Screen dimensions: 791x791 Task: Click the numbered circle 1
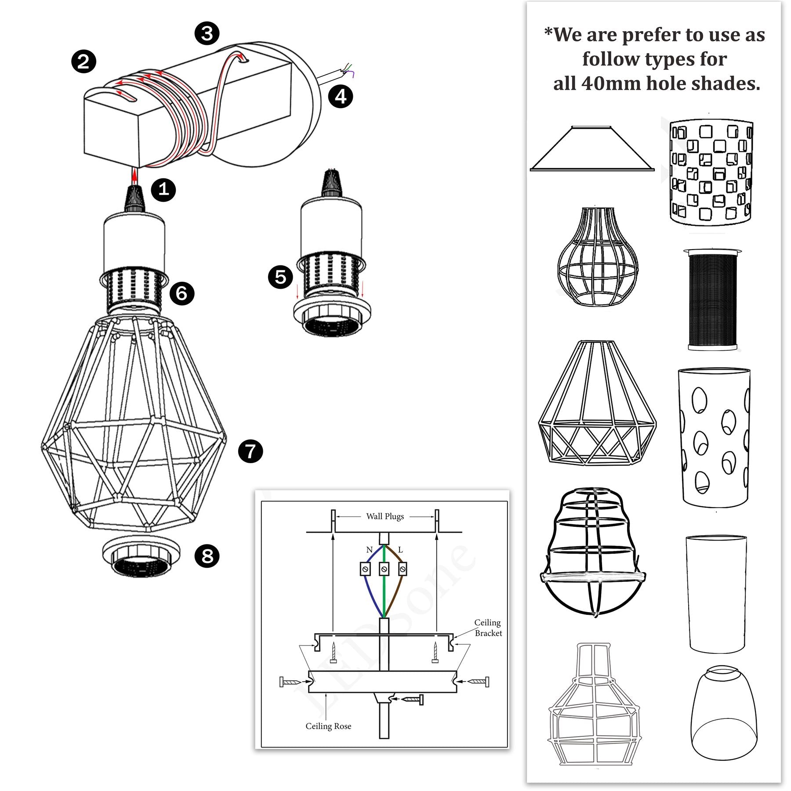163,190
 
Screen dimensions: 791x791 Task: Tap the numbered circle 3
207,33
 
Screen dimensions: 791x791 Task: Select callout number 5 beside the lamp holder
280,277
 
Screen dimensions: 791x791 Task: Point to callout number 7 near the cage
250,451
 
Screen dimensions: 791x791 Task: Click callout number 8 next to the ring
207,556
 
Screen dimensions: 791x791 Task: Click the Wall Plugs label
385,516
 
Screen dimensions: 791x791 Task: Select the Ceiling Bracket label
488,628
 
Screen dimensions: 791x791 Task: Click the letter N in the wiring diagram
369,550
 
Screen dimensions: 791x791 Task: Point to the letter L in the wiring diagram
400,550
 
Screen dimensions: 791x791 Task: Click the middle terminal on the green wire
384,569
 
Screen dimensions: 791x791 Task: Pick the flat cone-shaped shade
592,149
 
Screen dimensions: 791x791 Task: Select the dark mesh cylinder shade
713,300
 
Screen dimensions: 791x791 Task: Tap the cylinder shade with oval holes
715,438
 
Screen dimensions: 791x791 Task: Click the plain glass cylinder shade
716,593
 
